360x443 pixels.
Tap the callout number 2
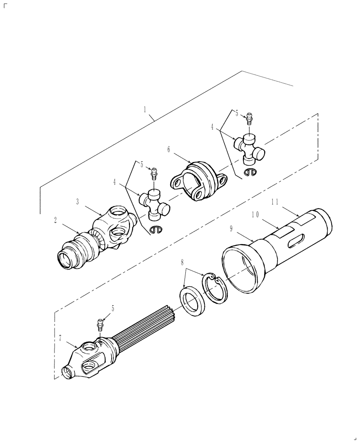click(55, 220)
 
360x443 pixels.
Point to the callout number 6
click(168, 150)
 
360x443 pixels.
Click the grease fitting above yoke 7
click(100, 324)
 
